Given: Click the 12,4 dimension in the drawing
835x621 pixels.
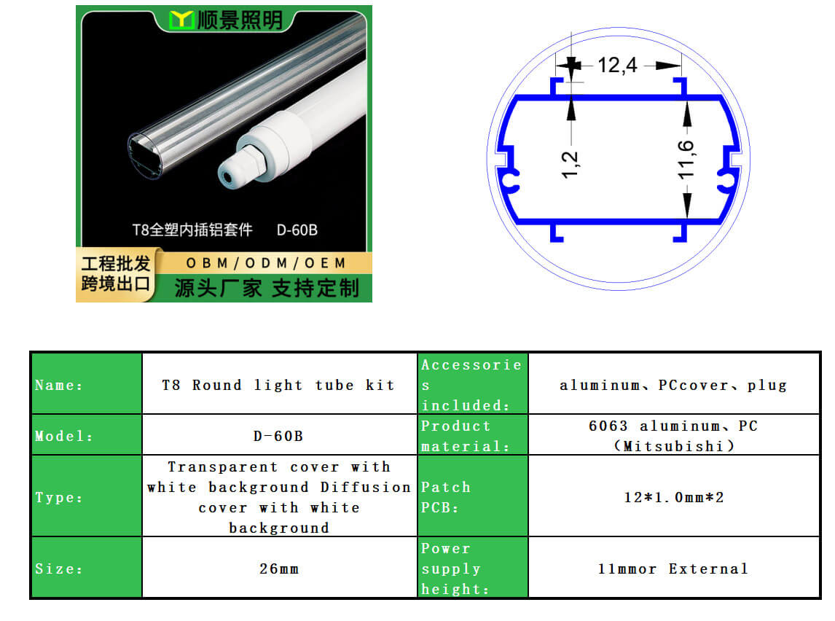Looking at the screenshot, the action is point(617,66).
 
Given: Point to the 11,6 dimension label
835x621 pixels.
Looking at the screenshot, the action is point(686,160).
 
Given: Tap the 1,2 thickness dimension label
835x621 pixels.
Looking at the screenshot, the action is point(569,165).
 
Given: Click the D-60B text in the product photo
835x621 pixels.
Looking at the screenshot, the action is point(297,230).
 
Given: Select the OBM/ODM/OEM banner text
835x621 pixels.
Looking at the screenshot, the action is point(266,263).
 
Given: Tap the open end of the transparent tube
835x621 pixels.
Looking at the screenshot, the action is point(145,156).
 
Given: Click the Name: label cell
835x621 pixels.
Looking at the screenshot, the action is point(87,383).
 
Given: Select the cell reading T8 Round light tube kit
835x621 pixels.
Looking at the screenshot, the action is point(279,383).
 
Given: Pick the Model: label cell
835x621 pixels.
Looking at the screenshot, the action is point(87,434).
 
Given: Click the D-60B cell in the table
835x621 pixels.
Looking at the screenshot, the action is point(279,434).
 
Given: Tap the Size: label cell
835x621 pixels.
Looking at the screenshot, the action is point(87,567).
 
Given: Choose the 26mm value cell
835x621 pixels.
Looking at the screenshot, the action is point(279,567).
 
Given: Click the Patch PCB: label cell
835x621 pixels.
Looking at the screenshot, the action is point(473,496).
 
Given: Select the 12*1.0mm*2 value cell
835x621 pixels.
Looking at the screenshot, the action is point(674,496).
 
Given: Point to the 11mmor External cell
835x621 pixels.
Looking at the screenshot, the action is point(674,567).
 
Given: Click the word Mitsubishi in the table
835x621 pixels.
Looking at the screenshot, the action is point(673,446).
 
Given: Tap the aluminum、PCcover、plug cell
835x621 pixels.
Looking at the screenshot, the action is point(674,383).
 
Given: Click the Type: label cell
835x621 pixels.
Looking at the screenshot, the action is point(87,496).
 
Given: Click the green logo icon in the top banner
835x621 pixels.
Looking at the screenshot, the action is point(181,20).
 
